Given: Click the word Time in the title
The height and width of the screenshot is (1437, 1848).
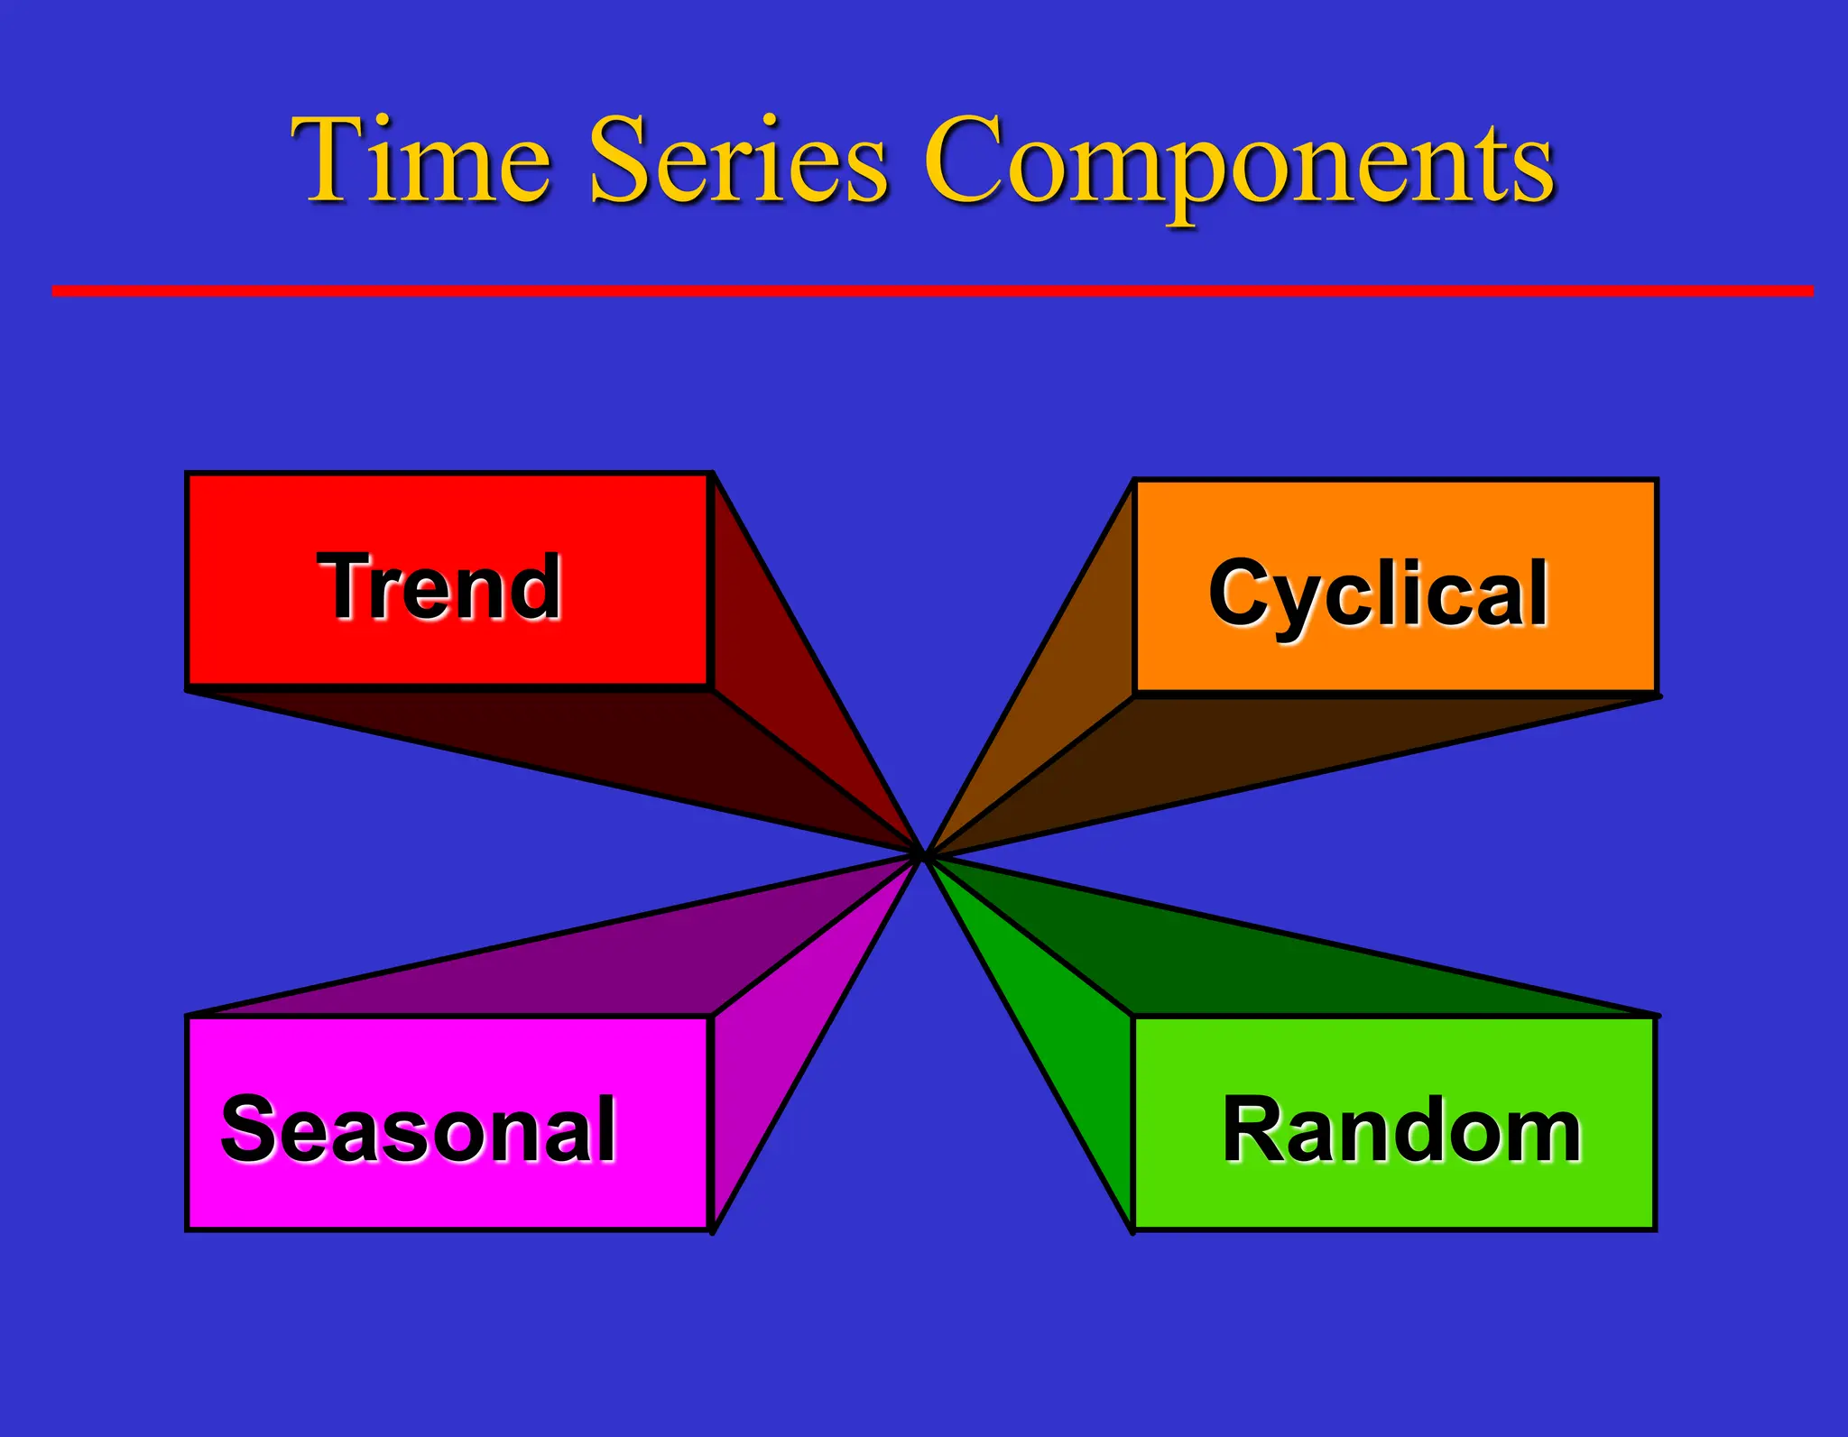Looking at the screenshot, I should click(x=420, y=161).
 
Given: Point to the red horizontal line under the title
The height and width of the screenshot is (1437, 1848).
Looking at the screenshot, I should click(x=929, y=290).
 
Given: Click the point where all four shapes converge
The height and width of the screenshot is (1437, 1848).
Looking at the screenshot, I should click(x=924, y=855).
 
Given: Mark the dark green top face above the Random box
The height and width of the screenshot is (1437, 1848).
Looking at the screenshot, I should click(x=1263, y=965).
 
